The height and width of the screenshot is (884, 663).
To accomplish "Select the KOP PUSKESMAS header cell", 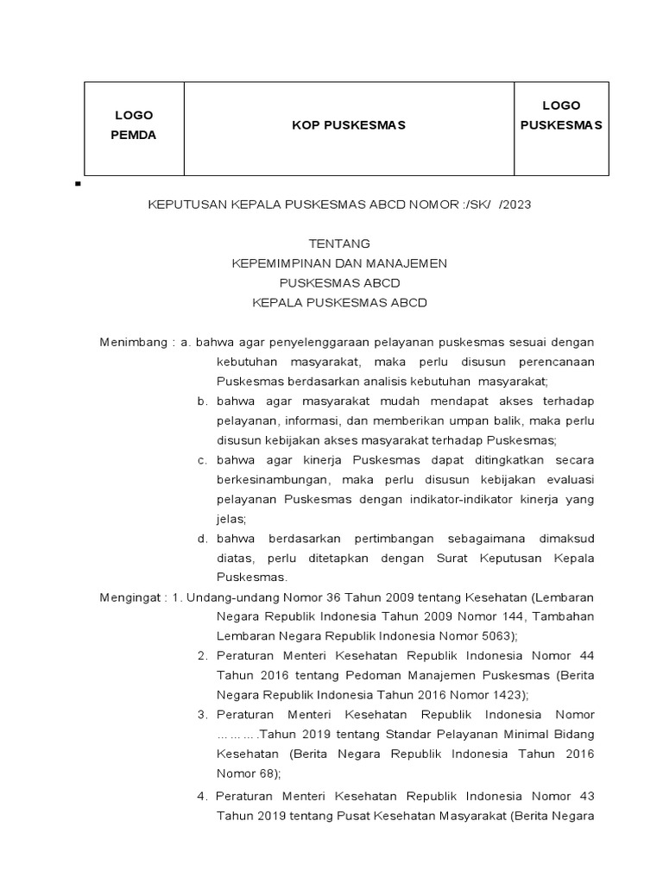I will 348,126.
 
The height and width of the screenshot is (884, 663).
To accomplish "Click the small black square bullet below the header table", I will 79,185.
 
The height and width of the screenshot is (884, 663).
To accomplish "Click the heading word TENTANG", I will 340,244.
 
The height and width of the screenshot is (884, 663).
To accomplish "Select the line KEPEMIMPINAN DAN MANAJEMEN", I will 340,263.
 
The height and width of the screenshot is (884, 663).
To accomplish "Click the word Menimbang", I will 129,342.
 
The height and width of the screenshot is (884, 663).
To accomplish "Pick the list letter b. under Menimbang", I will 202,401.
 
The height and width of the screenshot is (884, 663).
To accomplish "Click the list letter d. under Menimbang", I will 202,539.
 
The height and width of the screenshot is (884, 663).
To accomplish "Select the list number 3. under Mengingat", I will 203,715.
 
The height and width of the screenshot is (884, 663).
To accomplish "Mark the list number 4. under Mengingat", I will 203,795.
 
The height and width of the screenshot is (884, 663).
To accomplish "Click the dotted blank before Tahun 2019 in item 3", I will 236,735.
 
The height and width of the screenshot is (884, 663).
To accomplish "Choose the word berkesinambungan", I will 272,480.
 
